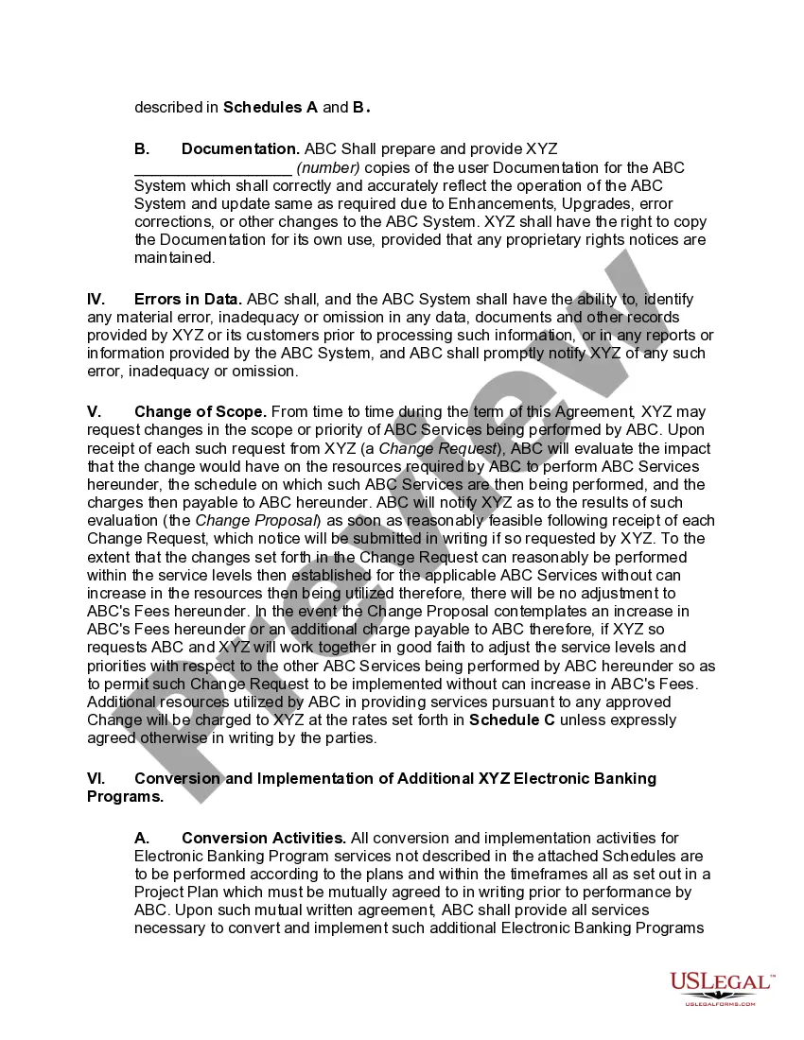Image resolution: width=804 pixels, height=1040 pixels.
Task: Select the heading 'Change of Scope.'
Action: pos(201,411)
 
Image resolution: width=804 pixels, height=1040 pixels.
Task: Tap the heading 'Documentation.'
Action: pos(240,148)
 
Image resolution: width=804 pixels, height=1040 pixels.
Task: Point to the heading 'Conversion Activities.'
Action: pos(264,838)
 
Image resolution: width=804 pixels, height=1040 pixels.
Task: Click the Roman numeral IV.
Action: pos(96,299)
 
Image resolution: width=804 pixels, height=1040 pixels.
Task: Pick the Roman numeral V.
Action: pos(94,411)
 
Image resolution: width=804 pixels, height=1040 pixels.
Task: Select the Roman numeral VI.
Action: pos(96,778)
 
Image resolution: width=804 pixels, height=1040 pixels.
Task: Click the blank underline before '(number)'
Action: pos(213,168)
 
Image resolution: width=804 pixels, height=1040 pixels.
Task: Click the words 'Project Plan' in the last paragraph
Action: pos(175,892)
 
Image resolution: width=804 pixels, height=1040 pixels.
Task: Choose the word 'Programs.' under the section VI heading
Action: pos(125,796)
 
